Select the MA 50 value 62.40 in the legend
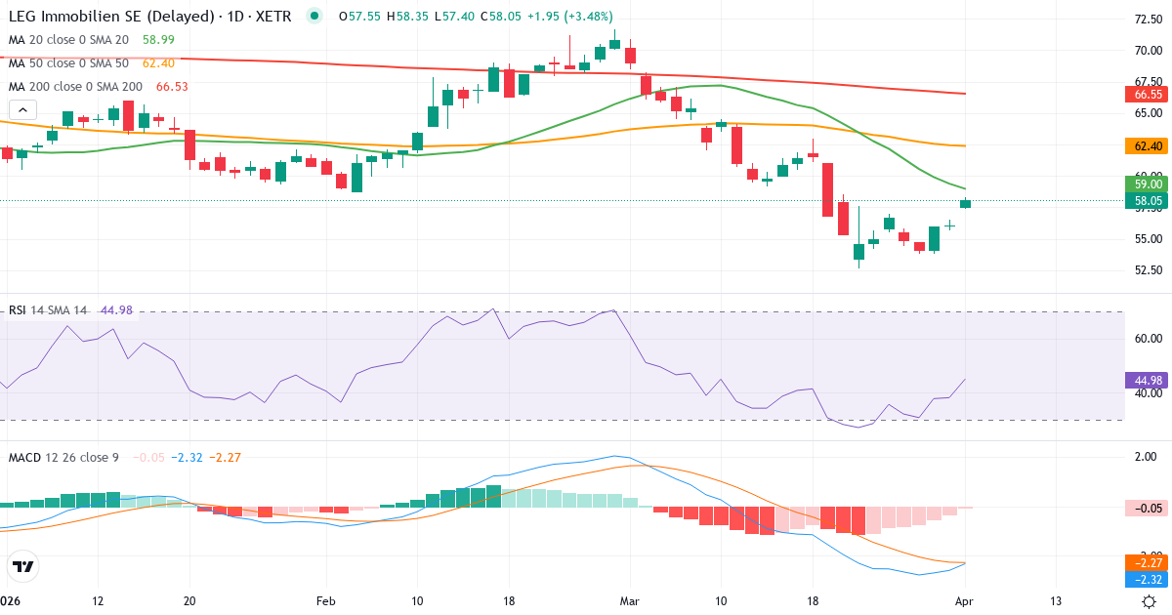click(x=158, y=62)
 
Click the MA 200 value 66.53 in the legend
click(x=172, y=86)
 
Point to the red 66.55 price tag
click(x=1149, y=95)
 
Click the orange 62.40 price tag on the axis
click(x=1149, y=145)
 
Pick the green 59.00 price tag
click(x=1149, y=184)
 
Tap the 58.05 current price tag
click(x=1149, y=201)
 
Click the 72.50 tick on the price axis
click(x=1147, y=20)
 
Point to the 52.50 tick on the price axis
click(x=1147, y=270)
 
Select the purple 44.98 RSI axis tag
click(x=1149, y=380)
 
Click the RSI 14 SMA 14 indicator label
click(x=48, y=310)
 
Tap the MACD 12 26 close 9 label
click(x=64, y=457)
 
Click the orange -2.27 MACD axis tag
click(x=1149, y=562)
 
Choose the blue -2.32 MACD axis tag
click(x=1149, y=579)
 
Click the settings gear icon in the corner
click(x=1150, y=601)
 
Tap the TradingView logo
click(x=23, y=566)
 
